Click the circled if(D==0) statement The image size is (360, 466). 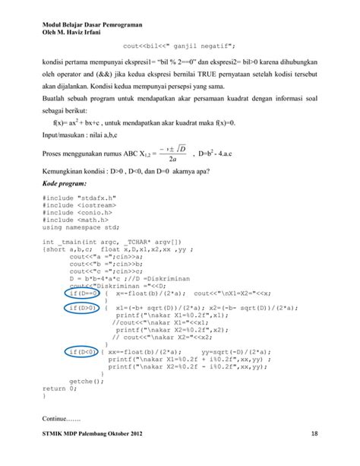point(81,293)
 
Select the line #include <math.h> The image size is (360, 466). point(74,220)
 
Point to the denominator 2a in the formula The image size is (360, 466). point(174,160)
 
